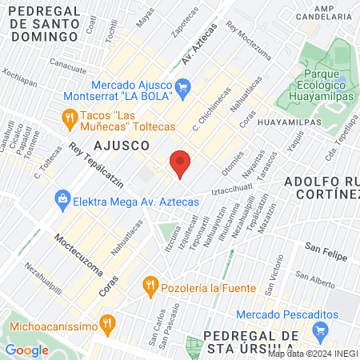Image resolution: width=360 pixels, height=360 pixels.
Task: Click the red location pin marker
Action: click(x=181, y=164)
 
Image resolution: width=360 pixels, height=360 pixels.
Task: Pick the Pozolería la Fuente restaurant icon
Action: click(x=149, y=284)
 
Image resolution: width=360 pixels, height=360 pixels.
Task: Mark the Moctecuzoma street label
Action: click(x=79, y=253)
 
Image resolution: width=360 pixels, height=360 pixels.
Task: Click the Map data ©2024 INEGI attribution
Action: click(x=312, y=353)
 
